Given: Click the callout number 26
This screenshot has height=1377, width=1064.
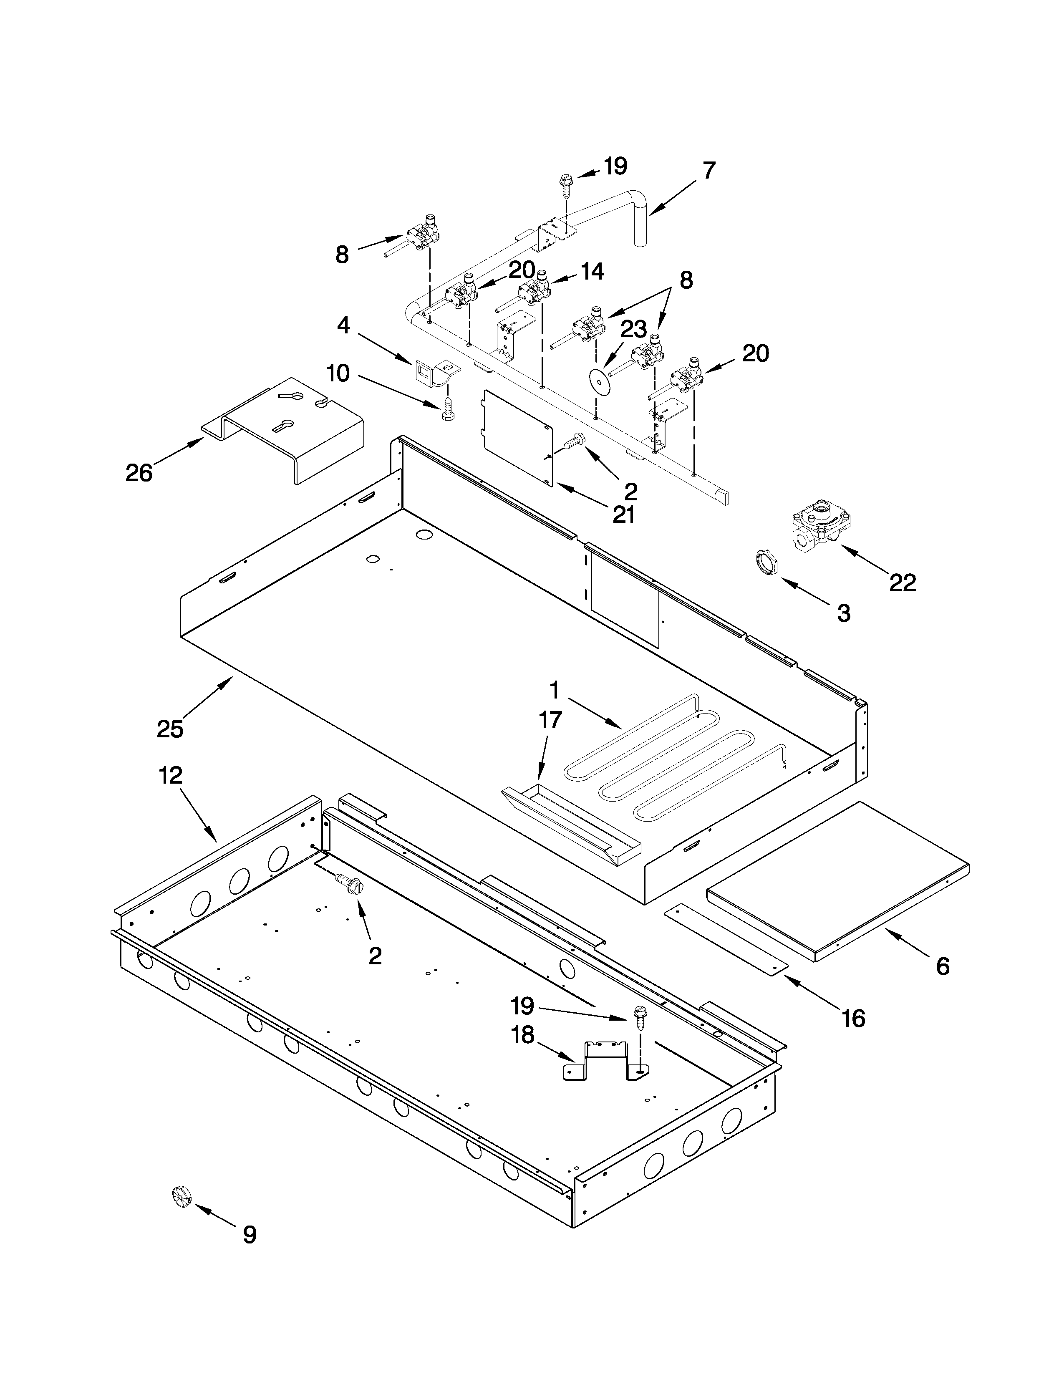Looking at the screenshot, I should (139, 472).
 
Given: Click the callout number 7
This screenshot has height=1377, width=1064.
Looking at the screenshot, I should (709, 170).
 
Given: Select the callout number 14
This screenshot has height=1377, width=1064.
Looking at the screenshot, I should (592, 272).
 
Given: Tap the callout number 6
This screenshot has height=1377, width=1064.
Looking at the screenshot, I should (942, 966).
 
